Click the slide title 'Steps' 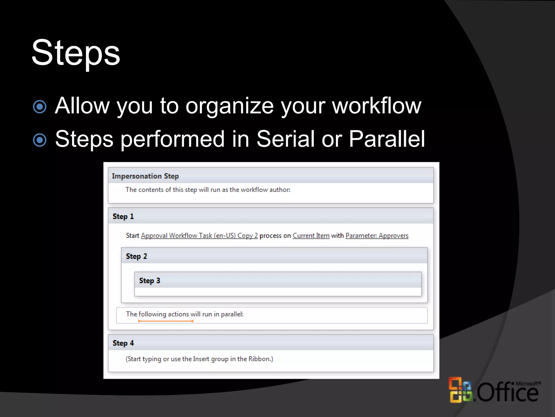click(x=76, y=53)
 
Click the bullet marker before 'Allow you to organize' click(x=40, y=107)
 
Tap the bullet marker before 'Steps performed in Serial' click(x=40, y=140)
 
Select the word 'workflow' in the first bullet click(x=377, y=106)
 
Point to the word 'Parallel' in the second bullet click(x=387, y=139)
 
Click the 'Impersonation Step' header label click(x=145, y=176)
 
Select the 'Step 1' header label click(x=123, y=216)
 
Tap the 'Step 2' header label click(x=136, y=256)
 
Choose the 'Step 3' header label click(x=150, y=281)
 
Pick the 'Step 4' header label click(x=123, y=343)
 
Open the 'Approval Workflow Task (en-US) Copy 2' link click(x=199, y=236)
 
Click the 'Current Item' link click(x=311, y=236)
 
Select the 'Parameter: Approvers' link click(x=377, y=236)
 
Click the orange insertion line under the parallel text click(x=166, y=321)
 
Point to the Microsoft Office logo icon click(x=460, y=390)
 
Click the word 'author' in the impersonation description click(x=279, y=190)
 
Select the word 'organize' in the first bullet click(x=230, y=106)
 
